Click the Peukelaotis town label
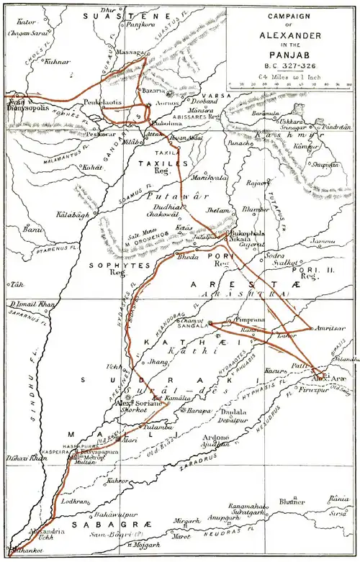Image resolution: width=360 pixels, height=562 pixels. point(102,104)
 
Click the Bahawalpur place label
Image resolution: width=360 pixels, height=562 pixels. point(116,514)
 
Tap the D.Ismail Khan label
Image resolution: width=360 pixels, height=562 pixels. point(32,305)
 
